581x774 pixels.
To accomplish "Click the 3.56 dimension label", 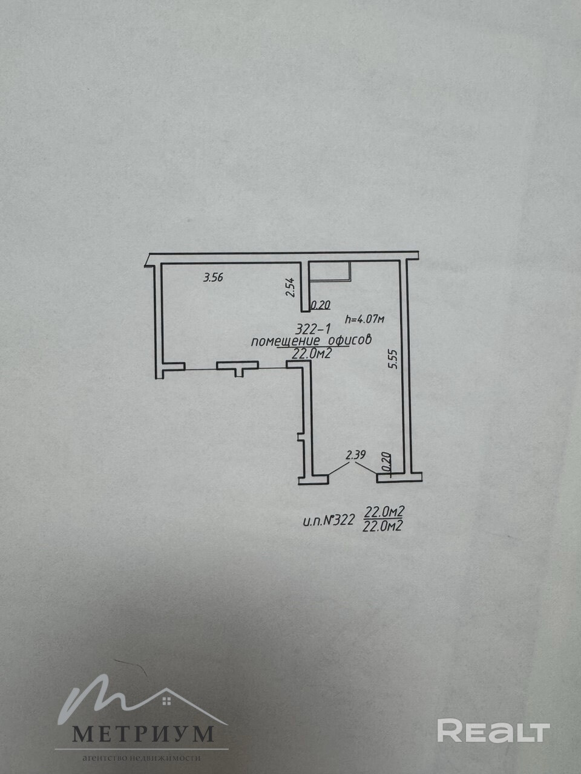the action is (x=214, y=278).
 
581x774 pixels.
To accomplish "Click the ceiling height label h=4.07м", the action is (x=364, y=317).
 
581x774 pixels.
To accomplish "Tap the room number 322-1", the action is (x=312, y=330).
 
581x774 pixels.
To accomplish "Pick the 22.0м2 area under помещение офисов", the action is (x=311, y=354).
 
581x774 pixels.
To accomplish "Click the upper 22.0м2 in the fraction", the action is (x=384, y=513).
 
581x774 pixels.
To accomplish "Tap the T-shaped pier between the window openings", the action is (x=238, y=367).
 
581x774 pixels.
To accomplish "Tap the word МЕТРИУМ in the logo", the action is (x=143, y=733).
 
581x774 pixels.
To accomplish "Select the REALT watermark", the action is (x=493, y=731).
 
